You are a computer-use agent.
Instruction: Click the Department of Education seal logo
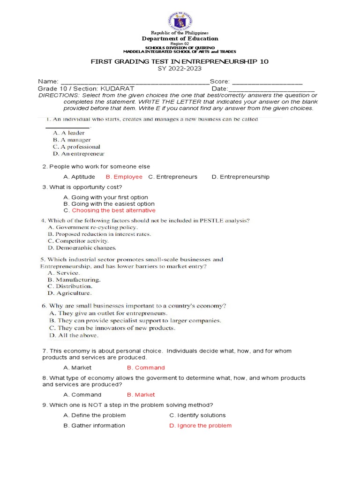[x=180, y=21]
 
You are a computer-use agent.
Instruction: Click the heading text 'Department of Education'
[x=180, y=38]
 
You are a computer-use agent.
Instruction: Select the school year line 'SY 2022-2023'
[x=180, y=68]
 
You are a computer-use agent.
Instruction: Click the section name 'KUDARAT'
[x=118, y=89]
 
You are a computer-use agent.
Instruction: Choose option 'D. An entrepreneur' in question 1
[x=79, y=154]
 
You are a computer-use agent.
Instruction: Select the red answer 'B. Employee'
[x=124, y=177]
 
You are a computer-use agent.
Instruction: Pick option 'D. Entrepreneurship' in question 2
[x=240, y=177]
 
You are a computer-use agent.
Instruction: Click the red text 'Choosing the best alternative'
[x=113, y=210]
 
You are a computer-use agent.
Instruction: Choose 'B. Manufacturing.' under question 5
[x=74, y=279]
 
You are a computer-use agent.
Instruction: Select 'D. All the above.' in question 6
[x=74, y=335]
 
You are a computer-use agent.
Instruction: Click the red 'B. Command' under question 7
[x=146, y=367]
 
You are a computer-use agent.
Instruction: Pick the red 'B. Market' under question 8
[x=141, y=395]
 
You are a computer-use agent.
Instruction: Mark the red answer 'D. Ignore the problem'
[x=200, y=426]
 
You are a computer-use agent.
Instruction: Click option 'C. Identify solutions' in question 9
[x=197, y=415]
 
